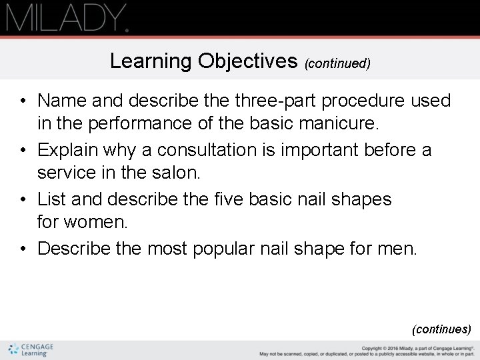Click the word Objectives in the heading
[x=247, y=61]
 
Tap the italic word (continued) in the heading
[x=337, y=63]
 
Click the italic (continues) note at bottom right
[x=441, y=329]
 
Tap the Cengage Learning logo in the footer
[x=31, y=350]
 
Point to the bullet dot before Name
[x=23, y=101]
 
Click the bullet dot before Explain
[x=23, y=151]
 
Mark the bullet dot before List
[x=23, y=200]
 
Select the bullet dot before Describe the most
[x=23, y=249]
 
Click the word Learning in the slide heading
[x=151, y=61]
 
